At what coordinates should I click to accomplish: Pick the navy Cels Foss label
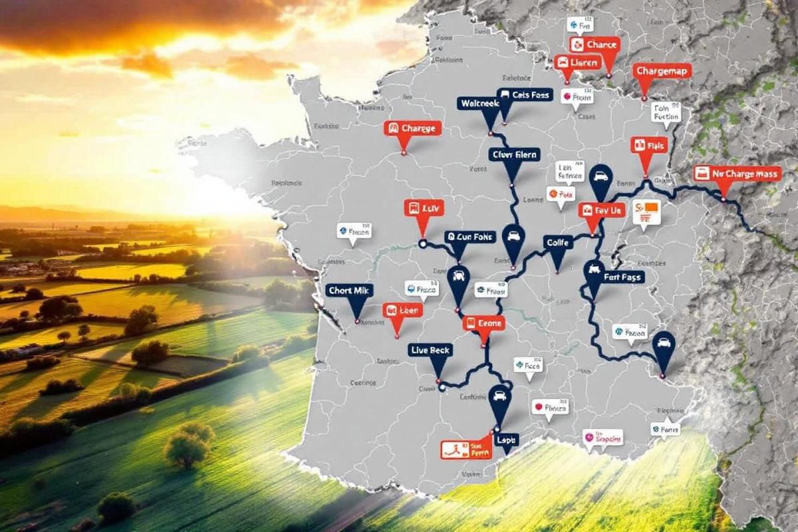click(x=525, y=95)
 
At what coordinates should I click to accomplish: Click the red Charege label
click(x=412, y=128)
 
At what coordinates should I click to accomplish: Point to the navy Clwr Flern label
click(x=513, y=155)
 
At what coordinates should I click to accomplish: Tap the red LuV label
click(x=424, y=208)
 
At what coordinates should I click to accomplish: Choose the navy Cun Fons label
click(x=470, y=237)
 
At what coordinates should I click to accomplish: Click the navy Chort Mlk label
click(x=350, y=291)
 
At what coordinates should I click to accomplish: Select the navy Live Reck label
click(x=430, y=350)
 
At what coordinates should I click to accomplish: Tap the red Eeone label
click(x=483, y=323)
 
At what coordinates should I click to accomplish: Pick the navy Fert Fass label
click(x=614, y=277)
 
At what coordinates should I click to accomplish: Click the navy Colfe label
click(x=557, y=243)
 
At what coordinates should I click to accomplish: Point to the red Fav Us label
click(x=602, y=210)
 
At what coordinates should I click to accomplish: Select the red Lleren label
click(x=577, y=63)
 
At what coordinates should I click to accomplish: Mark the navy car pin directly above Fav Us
click(x=601, y=178)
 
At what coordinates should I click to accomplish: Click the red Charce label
click(x=595, y=45)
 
